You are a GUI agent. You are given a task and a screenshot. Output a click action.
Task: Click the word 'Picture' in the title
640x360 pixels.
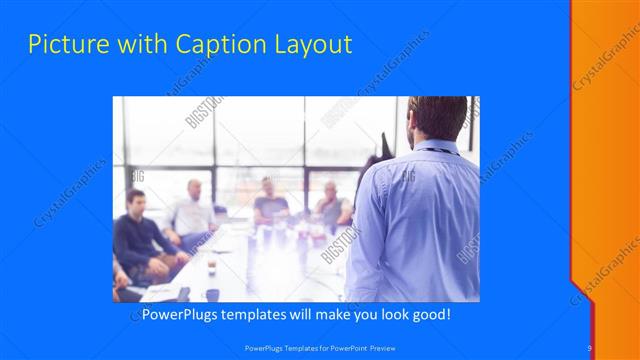[61, 44]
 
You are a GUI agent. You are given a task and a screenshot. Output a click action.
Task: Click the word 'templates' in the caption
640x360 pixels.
[257, 314]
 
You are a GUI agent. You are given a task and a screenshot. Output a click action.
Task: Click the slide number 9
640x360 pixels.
[590, 347]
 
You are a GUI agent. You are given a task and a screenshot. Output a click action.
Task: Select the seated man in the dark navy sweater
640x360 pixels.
[141, 235]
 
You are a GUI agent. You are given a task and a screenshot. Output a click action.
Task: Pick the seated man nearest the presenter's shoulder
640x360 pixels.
[332, 205]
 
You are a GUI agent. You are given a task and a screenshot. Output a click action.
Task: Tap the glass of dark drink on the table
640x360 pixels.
[211, 265]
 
